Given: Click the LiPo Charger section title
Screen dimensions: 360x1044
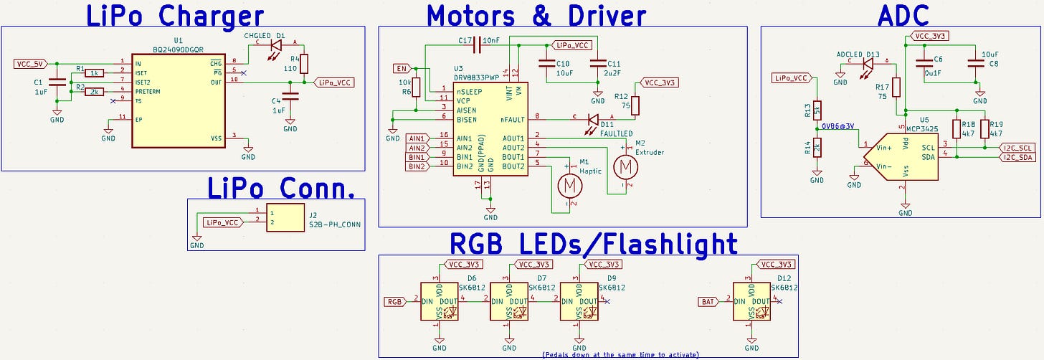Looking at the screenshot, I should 175,15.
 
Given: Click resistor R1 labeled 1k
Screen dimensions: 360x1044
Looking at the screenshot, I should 95,72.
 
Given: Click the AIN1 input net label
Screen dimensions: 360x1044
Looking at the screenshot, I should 417,138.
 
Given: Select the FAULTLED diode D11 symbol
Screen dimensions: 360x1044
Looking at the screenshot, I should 592,120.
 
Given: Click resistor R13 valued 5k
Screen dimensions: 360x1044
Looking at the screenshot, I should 816,110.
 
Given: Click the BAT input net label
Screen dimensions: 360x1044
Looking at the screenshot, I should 707,301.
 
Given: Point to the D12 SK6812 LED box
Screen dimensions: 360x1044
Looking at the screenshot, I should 751,301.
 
